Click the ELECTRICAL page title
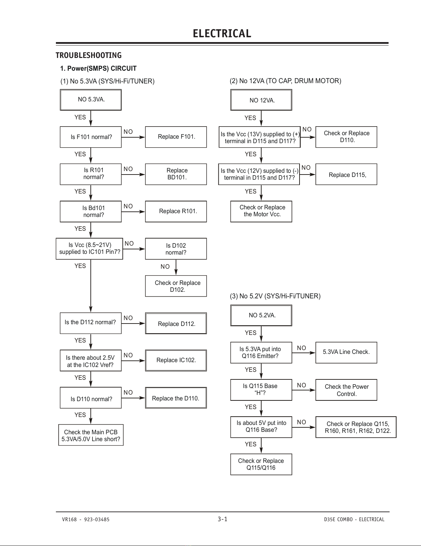pos(222,33)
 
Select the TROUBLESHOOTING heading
pos(88,55)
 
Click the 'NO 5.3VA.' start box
pos(91,100)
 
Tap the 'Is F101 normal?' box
pos(91,137)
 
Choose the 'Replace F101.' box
pos(176,137)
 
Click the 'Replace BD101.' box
pos(176,174)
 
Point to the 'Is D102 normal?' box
pos(176,249)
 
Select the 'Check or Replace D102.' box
pos(176,286)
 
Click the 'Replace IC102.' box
pos(176,360)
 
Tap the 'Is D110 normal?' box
pos(91,398)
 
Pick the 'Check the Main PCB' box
pos(91,435)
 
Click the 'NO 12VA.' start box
pos(261,100)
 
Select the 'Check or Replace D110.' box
pos(346,137)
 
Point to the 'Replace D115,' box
pos(346,174)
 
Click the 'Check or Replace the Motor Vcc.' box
pos(261,211)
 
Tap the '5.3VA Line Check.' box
pos(346,353)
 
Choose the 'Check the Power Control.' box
pos(346,390)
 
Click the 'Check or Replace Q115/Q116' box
pos(261,464)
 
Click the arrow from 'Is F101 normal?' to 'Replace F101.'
pos(133,137)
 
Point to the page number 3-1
pos(223,519)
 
